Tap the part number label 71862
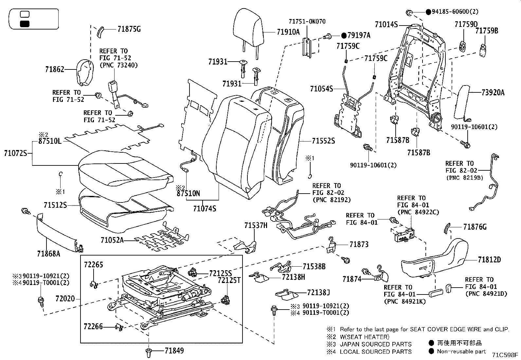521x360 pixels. tap(55, 69)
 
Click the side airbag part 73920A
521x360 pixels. tap(462, 102)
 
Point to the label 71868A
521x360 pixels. tap(48, 253)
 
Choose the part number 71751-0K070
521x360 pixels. tap(307, 22)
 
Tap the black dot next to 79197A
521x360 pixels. tap(344, 35)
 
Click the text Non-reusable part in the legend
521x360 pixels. tap(462, 351)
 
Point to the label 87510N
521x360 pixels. tap(188, 193)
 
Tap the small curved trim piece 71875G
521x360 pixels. tap(100, 32)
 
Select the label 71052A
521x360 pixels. tap(112, 240)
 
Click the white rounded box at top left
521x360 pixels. tap(25, 14)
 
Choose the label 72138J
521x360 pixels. tap(318, 292)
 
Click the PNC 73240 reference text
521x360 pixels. tap(118, 65)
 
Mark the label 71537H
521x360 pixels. tap(256, 225)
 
